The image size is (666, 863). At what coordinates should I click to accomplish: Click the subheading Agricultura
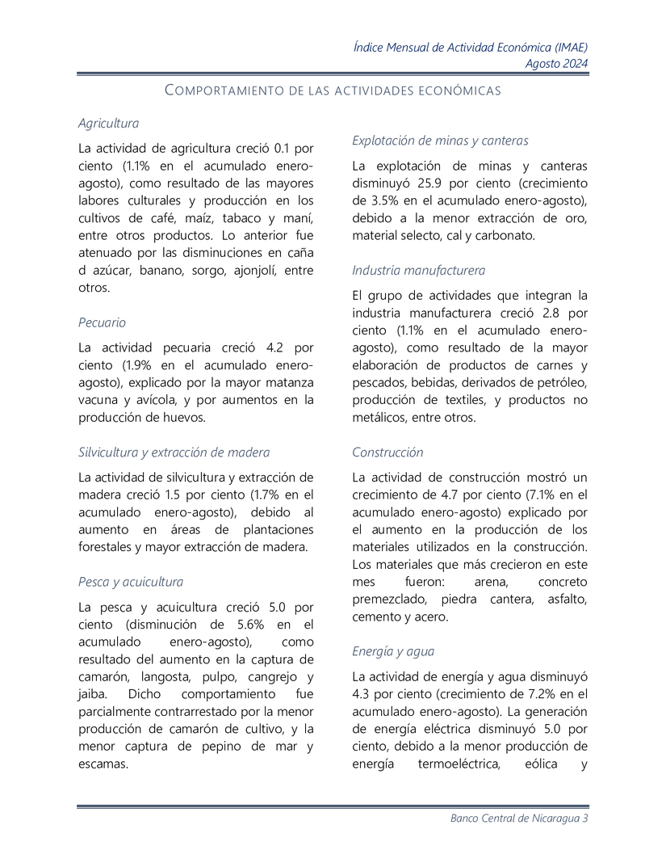108,124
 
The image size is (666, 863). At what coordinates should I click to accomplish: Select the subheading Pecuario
102,322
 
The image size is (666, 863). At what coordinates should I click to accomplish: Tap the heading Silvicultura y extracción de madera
174,453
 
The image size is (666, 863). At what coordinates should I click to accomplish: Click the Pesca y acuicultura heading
130,582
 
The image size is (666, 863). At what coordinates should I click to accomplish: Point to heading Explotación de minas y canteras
440,141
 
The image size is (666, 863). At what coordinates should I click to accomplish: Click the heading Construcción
387,453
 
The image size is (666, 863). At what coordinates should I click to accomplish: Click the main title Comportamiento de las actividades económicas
333,91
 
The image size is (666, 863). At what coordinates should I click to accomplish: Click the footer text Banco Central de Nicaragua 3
519,819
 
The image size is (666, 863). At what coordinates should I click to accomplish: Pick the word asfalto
565,600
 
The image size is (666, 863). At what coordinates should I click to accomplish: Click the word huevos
183,418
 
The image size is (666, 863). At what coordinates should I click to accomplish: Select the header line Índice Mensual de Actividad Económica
471,47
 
